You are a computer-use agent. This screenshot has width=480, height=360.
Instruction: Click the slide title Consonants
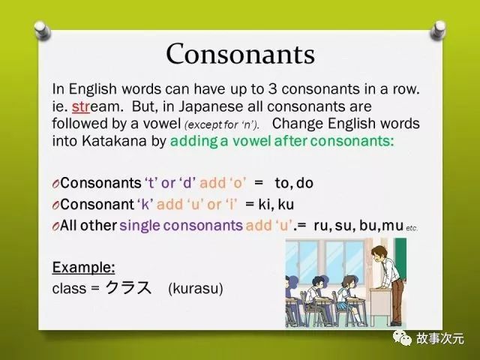240,53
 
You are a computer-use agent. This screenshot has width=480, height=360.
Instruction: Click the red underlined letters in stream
81,106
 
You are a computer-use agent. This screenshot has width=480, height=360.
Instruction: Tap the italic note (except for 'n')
222,125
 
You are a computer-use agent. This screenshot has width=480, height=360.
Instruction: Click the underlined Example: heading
83,267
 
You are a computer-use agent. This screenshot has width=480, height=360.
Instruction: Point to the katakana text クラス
128,287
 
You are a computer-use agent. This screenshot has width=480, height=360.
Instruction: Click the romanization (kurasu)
196,289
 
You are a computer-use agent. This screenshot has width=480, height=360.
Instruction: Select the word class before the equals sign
69,288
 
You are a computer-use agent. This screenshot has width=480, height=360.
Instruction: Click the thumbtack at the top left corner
43,30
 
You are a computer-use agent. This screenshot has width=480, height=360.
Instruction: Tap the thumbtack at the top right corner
438,30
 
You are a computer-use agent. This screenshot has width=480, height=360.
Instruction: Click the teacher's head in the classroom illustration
378,253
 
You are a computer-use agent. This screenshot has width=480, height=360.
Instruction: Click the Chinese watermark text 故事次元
440,338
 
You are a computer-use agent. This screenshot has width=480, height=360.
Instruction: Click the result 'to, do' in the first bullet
294,183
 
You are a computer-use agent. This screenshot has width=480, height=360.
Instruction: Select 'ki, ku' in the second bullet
276,204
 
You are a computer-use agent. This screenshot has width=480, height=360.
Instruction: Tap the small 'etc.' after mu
412,228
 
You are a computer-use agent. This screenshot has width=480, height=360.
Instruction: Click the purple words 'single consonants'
181,226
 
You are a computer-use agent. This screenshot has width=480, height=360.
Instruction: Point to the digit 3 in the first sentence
273,89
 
